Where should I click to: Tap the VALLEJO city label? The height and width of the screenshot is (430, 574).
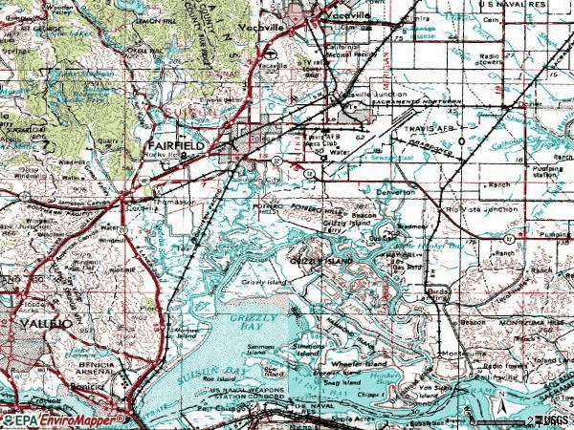click(x=45, y=326)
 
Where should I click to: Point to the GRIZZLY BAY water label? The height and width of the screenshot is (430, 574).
click(x=253, y=317)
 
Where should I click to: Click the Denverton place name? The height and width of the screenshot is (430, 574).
click(x=394, y=192)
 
